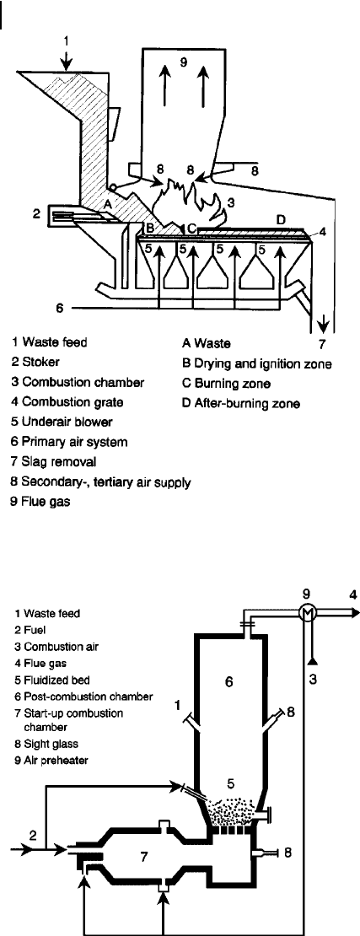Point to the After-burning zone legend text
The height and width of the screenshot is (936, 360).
(241, 404)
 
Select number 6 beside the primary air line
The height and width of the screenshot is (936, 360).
(59, 308)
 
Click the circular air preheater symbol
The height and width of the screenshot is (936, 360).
(307, 612)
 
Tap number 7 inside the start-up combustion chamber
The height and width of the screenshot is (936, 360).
(142, 858)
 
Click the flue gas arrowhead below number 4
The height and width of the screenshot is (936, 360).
(355, 612)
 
